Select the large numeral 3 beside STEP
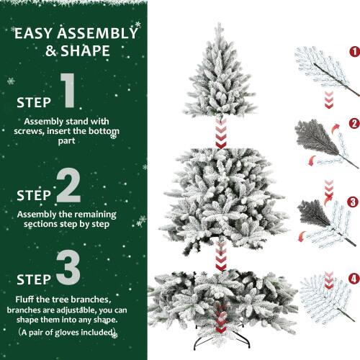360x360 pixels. click(68, 266)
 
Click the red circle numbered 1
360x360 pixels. click(354, 52)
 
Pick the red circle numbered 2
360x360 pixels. click(354, 124)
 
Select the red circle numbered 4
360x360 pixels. click(354, 277)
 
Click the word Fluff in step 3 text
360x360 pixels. click(27, 297)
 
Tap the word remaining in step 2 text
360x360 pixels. click(87, 215)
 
